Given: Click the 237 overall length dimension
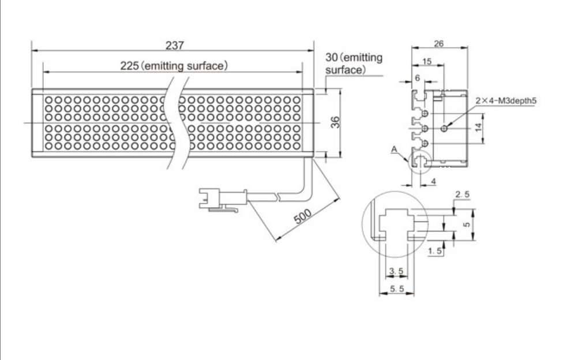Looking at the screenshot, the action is [174, 46].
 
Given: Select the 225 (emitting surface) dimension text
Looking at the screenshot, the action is [174, 66].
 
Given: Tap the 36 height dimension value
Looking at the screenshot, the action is [335, 122].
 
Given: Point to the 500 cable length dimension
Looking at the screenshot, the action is [303, 217].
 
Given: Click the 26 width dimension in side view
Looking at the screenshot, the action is [438, 43].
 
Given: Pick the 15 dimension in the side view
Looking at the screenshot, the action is [427, 61].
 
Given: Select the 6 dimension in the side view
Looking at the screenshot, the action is [417, 78].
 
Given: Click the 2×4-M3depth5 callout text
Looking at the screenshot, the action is [506, 100].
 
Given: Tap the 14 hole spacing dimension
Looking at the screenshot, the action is [478, 127].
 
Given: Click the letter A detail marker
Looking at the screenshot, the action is [394, 149].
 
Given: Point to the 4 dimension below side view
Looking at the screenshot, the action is [433, 181].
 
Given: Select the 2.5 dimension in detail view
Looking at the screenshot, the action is [463, 194].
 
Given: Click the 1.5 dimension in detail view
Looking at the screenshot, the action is [435, 251].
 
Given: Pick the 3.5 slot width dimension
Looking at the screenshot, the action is [396, 271].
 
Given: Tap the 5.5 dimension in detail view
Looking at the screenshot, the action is [397, 289].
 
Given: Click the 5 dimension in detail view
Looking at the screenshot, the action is [467, 224].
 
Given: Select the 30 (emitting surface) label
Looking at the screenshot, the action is [354, 63].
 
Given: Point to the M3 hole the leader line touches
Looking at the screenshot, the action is [444, 128].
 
